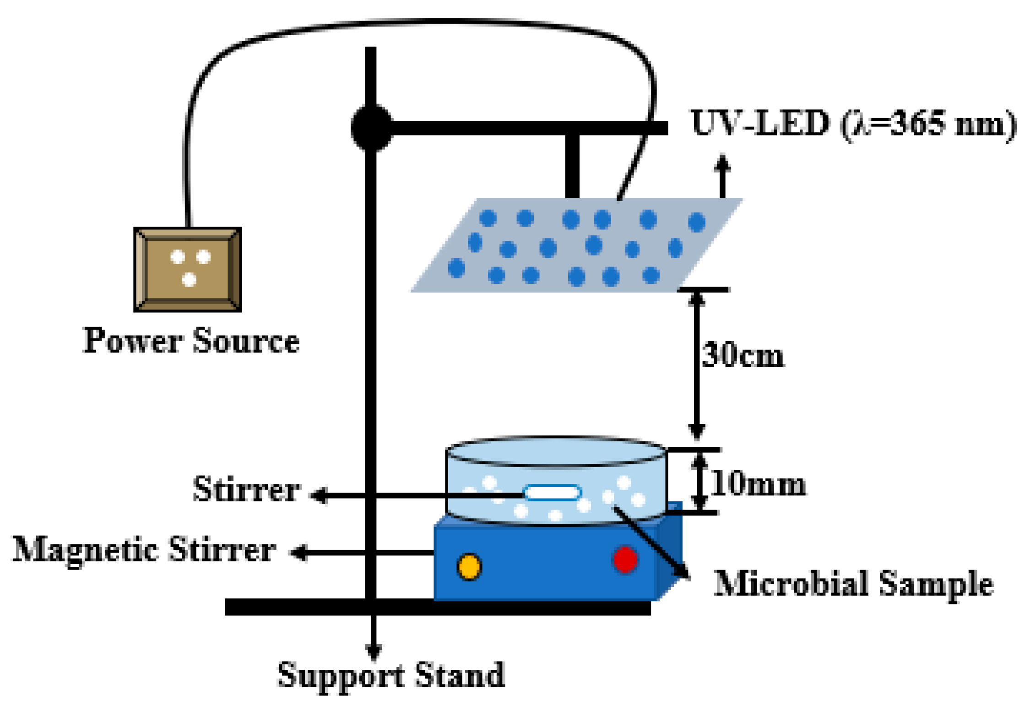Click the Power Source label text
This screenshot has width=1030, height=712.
pyautogui.click(x=191, y=341)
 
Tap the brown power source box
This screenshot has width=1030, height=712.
pyautogui.click(x=187, y=269)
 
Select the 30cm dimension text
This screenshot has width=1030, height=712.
pyautogui.click(x=742, y=356)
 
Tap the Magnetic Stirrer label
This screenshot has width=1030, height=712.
pyautogui.click(x=144, y=549)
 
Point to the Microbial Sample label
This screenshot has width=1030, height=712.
pyautogui.click(x=853, y=584)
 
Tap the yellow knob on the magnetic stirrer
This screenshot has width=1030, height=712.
pyautogui.click(x=469, y=566)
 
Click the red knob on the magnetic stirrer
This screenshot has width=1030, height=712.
pyautogui.click(x=624, y=559)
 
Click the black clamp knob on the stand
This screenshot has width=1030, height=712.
pyautogui.click(x=371, y=128)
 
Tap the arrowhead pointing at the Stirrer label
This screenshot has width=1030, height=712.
pyautogui.click(x=319, y=495)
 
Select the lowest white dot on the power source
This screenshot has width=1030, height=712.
pyautogui.click(x=189, y=279)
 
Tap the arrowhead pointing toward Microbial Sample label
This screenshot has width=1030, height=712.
pyautogui.click(x=683, y=574)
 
